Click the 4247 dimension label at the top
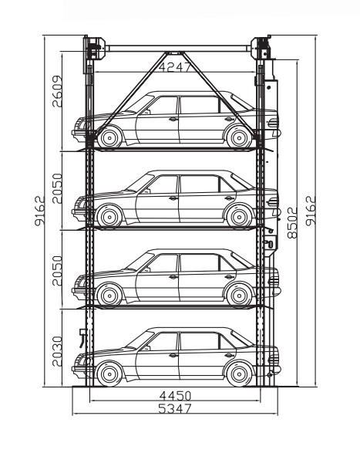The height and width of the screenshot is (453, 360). [174, 66]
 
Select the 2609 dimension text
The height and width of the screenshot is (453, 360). [57, 91]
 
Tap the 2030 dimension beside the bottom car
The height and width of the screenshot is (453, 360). [57, 351]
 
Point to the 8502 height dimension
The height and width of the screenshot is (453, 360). [292, 223]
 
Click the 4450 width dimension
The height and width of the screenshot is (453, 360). [175, 396]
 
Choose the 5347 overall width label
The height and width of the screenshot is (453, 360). [175, 408]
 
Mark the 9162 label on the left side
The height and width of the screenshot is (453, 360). [39, 211]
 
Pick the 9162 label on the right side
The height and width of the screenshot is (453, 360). [311, 211]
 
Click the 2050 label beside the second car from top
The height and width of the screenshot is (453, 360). [57, 188]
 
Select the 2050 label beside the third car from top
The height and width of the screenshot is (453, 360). [57, 271]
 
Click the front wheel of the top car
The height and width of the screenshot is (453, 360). [109, 138]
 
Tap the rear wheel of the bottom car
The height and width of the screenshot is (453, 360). [239, 374]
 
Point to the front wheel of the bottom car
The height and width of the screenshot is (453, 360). [109, 374]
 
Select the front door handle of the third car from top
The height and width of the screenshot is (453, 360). [173, 277]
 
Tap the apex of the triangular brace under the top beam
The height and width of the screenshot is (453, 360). [174, 53]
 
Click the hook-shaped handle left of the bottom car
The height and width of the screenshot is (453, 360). [83, 338]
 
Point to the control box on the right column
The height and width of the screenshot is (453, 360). [271, 242]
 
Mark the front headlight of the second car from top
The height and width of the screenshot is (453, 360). [80, 202]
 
